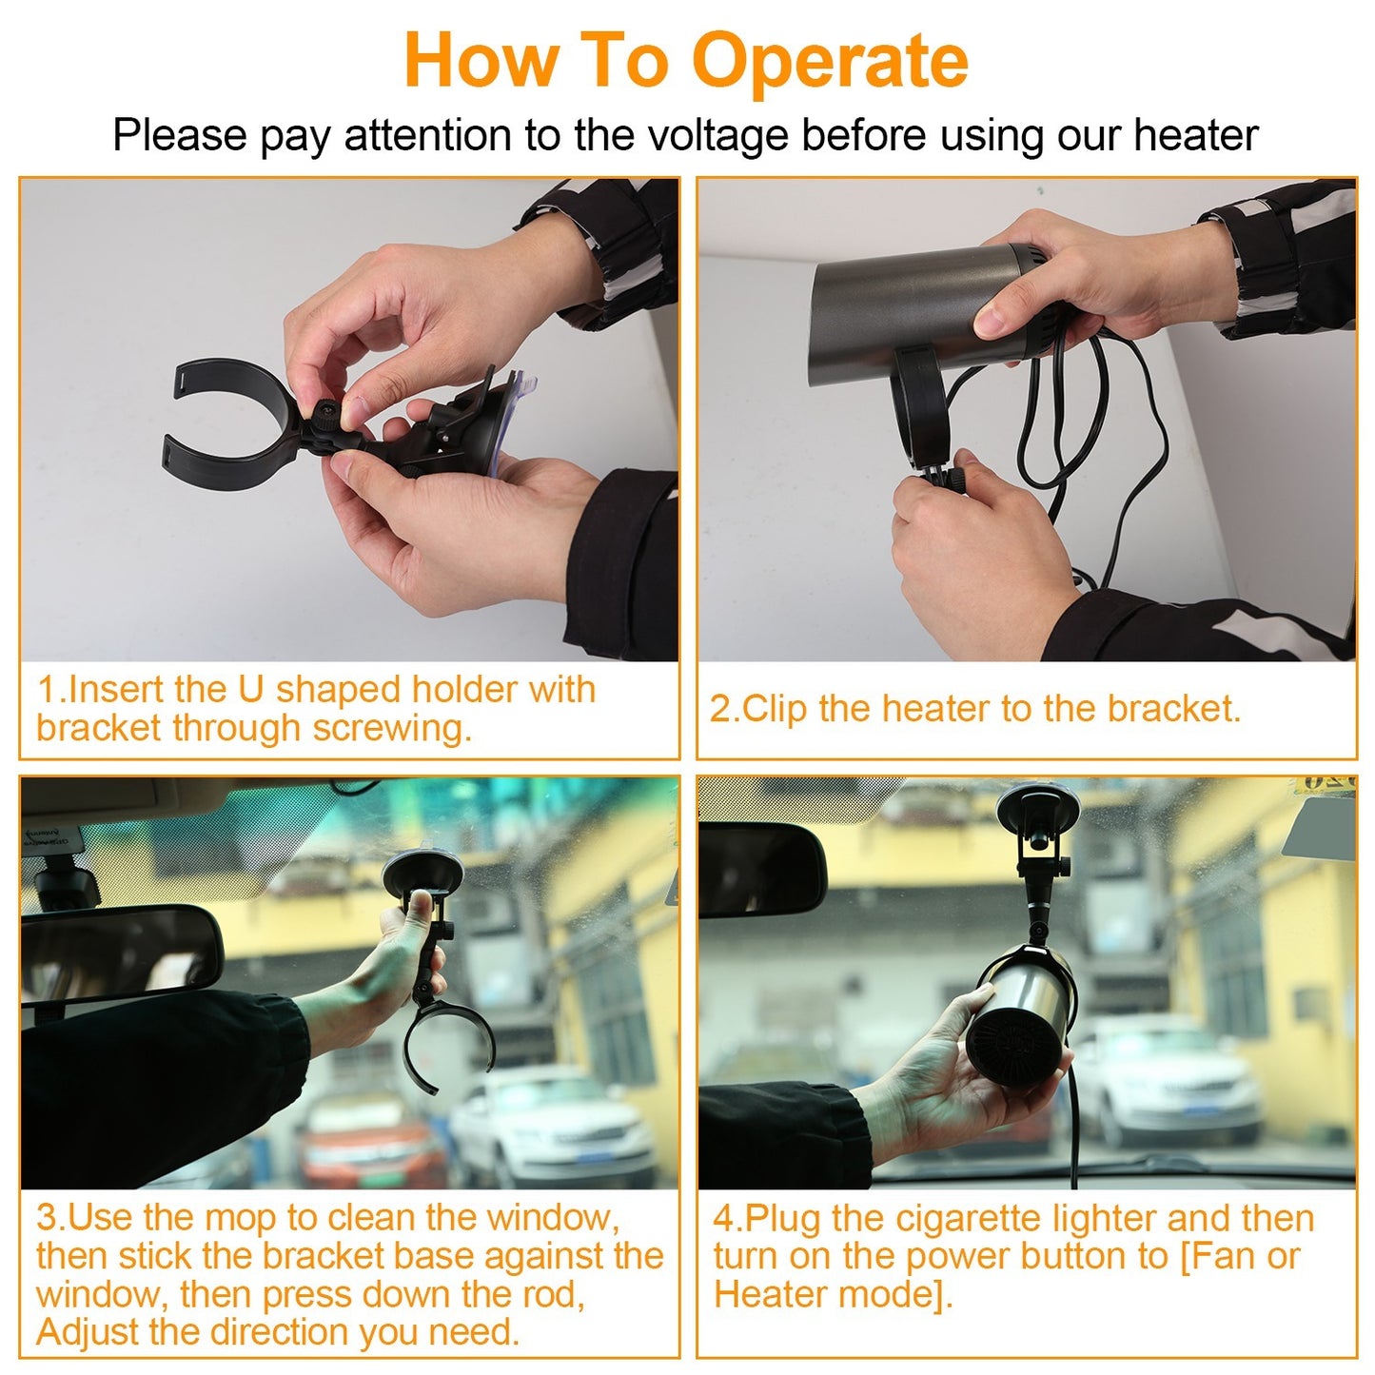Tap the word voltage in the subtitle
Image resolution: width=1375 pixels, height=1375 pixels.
(x=717, y=135)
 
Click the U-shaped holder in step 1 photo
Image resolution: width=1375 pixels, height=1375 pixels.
(x=224, y=423)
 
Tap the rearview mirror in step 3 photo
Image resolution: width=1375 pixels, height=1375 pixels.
(x=119, y=952)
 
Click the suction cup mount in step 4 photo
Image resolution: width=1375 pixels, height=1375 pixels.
(x=1037, y=809)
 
